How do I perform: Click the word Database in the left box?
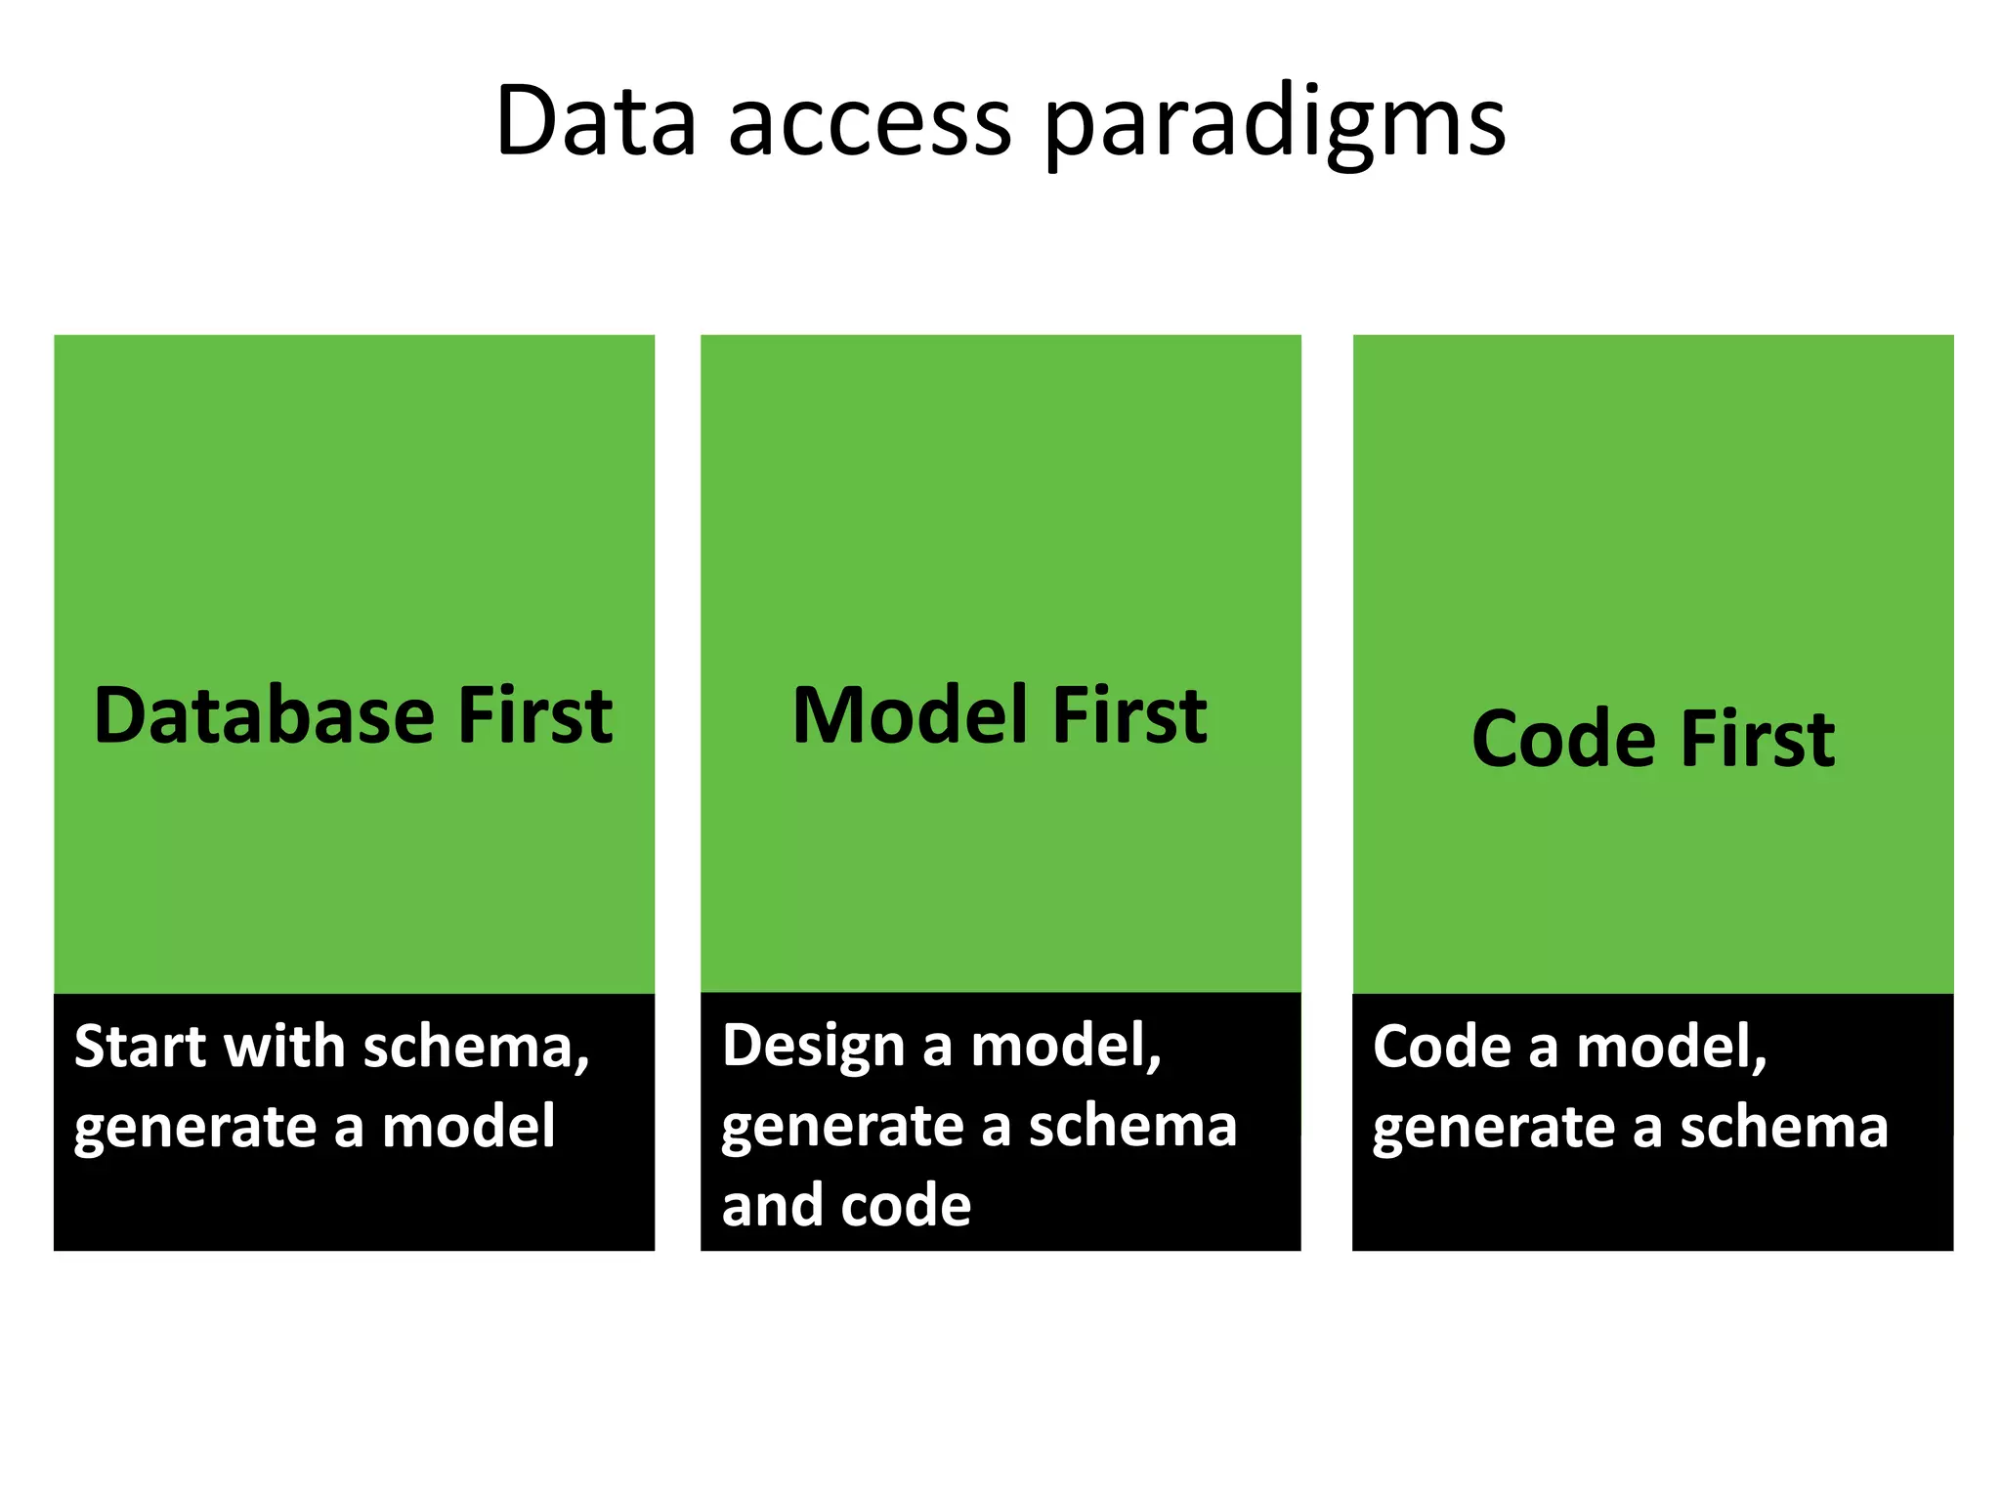[x=263, y=715]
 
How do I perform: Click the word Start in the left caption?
[x=141, y=1047]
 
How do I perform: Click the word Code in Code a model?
[x=1441, y=1047]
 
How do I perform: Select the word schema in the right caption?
[x=1783, y=1127]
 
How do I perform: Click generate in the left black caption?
[x=194, y=1129]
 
